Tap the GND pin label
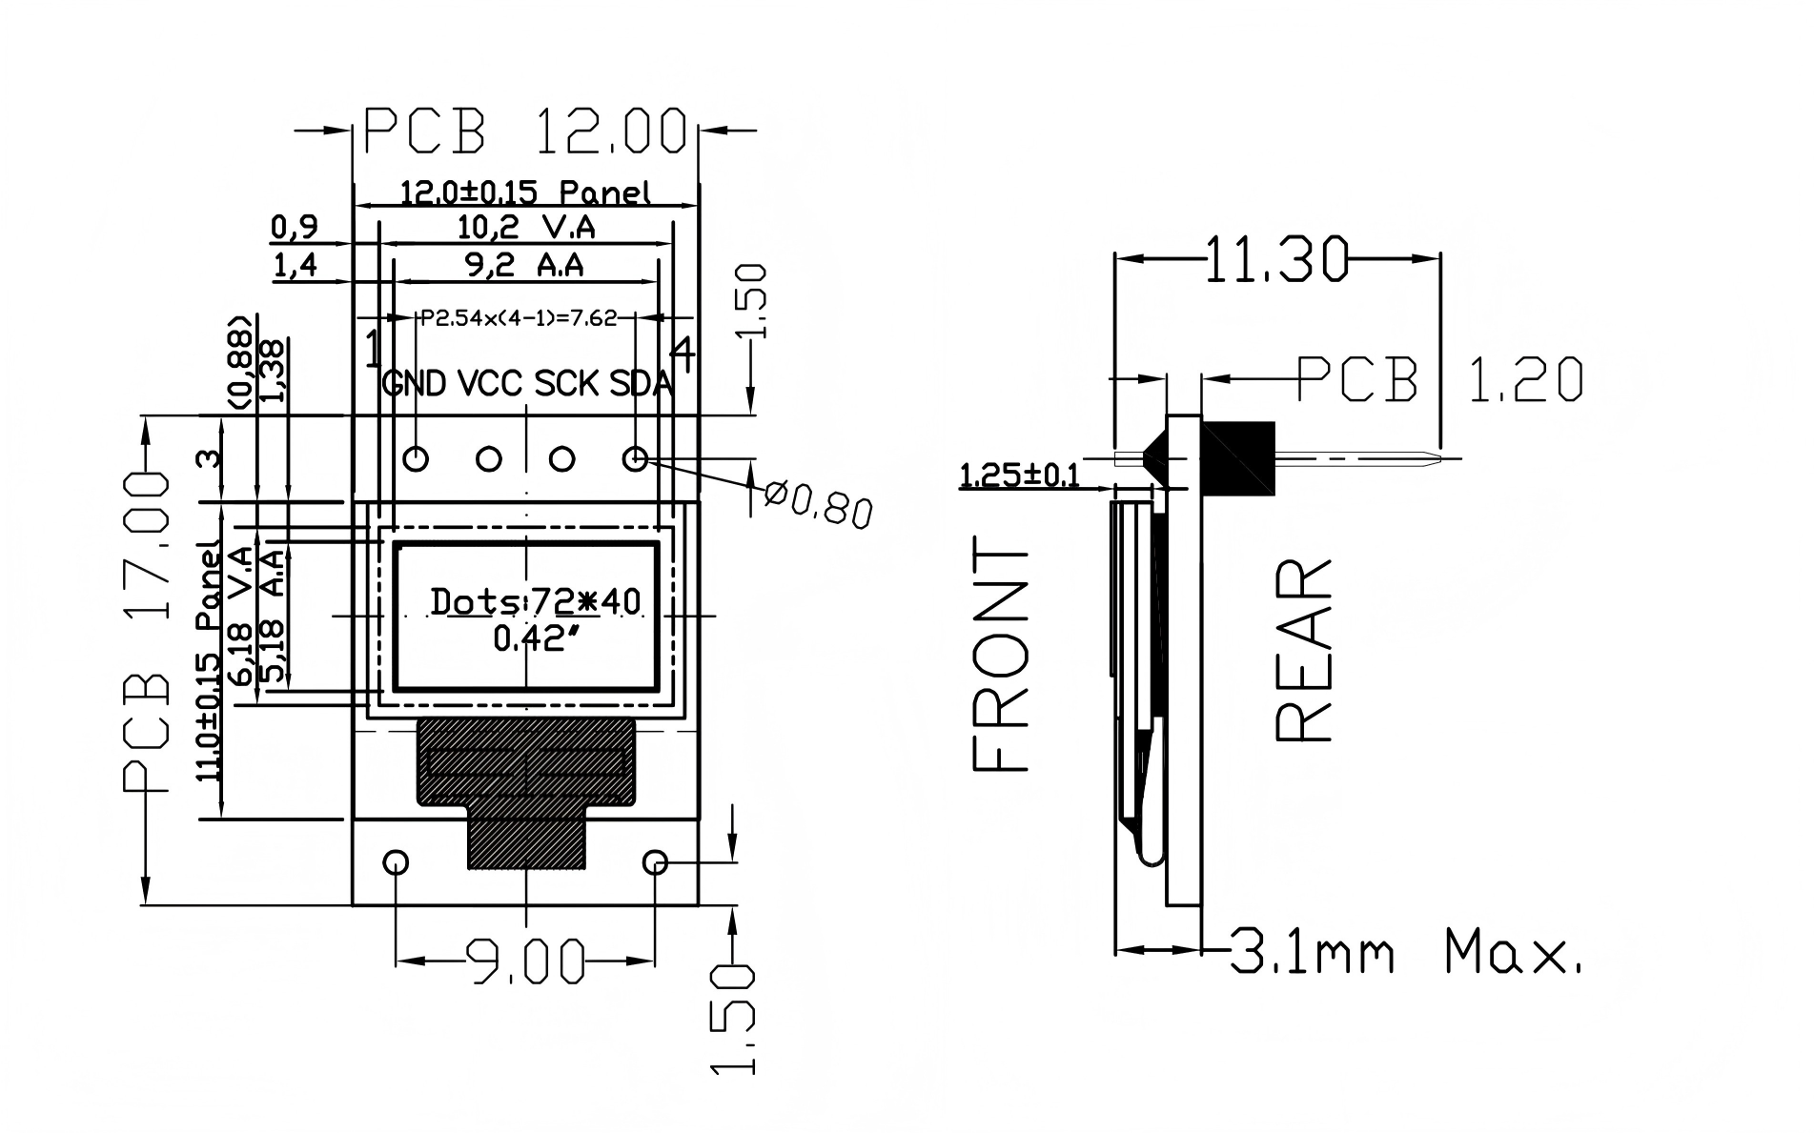click(x=414, y=383)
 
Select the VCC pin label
click(x=490, y=383)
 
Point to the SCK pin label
click(x=566, y=383)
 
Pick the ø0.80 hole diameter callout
click(x=819, y=504)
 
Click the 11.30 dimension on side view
click(x=1277, y=259)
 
